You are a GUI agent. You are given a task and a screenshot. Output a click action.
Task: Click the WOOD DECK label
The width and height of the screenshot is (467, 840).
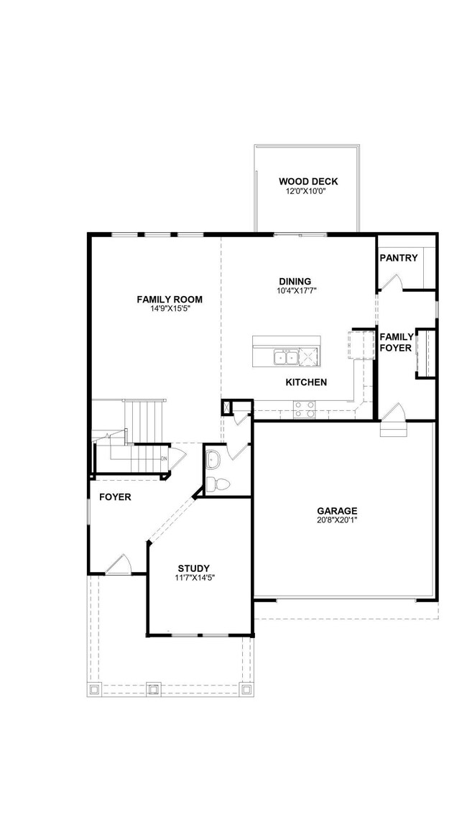tap(308, 181)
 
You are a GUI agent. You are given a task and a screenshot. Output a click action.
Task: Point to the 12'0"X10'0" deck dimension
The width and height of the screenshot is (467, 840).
tap(308, 191)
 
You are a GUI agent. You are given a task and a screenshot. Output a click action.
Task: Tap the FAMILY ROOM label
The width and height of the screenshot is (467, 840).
tap(170, 299)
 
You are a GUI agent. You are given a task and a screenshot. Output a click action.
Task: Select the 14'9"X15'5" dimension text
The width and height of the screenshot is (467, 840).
tap(170, 309)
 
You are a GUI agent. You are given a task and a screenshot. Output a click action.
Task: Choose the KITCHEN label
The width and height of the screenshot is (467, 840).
tap(306, 382)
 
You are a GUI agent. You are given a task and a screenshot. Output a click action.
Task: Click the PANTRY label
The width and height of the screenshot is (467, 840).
tap(398, 258)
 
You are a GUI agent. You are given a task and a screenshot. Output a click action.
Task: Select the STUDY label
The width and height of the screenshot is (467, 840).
tap(194, 568)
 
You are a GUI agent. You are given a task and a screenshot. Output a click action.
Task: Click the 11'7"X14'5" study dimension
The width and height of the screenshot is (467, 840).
tap(194, 578)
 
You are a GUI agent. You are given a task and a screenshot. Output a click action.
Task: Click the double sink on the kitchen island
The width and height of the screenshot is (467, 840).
tap(285, 357)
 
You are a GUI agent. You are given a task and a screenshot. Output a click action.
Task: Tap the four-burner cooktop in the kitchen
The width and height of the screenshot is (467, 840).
tap(304, 408)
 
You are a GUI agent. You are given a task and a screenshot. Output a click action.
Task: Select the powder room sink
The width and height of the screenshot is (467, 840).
tap(213, 458)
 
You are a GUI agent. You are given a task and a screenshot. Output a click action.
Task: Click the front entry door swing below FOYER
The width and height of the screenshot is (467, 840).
tap(118, 565)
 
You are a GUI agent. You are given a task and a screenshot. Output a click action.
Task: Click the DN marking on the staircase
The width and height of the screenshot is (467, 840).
tap(164, 458)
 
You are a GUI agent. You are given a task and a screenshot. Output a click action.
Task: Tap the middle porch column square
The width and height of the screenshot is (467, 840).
tap(152, 688)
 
